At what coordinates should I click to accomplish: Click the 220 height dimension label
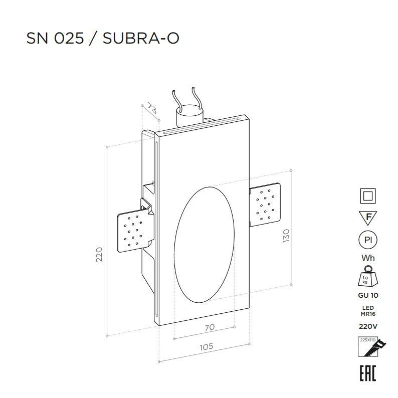click(x=99, y=254)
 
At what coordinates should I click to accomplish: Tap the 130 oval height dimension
click(x=286, y=236)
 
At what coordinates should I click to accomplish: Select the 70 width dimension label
click(x=210, y=327)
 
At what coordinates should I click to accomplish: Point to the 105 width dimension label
click(x=207, y=347)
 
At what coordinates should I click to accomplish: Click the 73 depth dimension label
click(x=152, y=108)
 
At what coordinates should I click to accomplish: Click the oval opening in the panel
click(x=204, y=245)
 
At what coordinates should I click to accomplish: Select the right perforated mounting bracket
click(x=265, y=205)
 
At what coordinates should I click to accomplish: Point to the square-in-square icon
click(x=368, y=196)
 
